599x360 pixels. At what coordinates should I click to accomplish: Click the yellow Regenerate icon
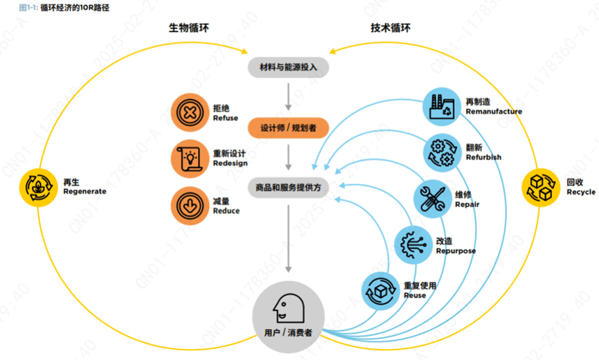(x=39, y=188)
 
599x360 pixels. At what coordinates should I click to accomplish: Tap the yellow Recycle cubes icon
(x=541, y=188)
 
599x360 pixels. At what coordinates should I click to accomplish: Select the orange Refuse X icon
(x=190, y=113)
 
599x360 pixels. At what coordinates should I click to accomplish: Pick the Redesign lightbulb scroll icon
(x=190, y=159)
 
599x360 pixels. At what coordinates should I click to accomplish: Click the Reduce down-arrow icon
(x=190, y=206)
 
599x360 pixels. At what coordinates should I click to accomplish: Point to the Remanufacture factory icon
(x=442, y=107)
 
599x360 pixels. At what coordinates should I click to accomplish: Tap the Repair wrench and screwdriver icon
(x=432, y=199)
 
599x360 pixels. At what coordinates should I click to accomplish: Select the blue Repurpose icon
(x=413, y=244)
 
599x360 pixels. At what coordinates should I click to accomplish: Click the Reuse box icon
(x=380, y=291)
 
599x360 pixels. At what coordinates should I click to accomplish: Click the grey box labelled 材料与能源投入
(x=289, y=68)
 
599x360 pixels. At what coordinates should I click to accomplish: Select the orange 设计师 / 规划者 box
(x=289, y=128)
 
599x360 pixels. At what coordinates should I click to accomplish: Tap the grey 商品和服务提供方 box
(x=289, y=188)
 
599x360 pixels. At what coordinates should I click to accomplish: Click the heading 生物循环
(x=189, y=28)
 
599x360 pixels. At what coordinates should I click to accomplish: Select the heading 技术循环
(x=391, y=28)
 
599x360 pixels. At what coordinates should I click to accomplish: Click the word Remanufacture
(x=494, y=111)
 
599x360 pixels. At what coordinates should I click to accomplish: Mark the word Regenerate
(x=84, y=192)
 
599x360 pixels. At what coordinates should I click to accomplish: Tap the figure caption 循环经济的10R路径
(x=75, y=8)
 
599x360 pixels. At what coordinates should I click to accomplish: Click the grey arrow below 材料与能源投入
(x=289, y=97)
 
